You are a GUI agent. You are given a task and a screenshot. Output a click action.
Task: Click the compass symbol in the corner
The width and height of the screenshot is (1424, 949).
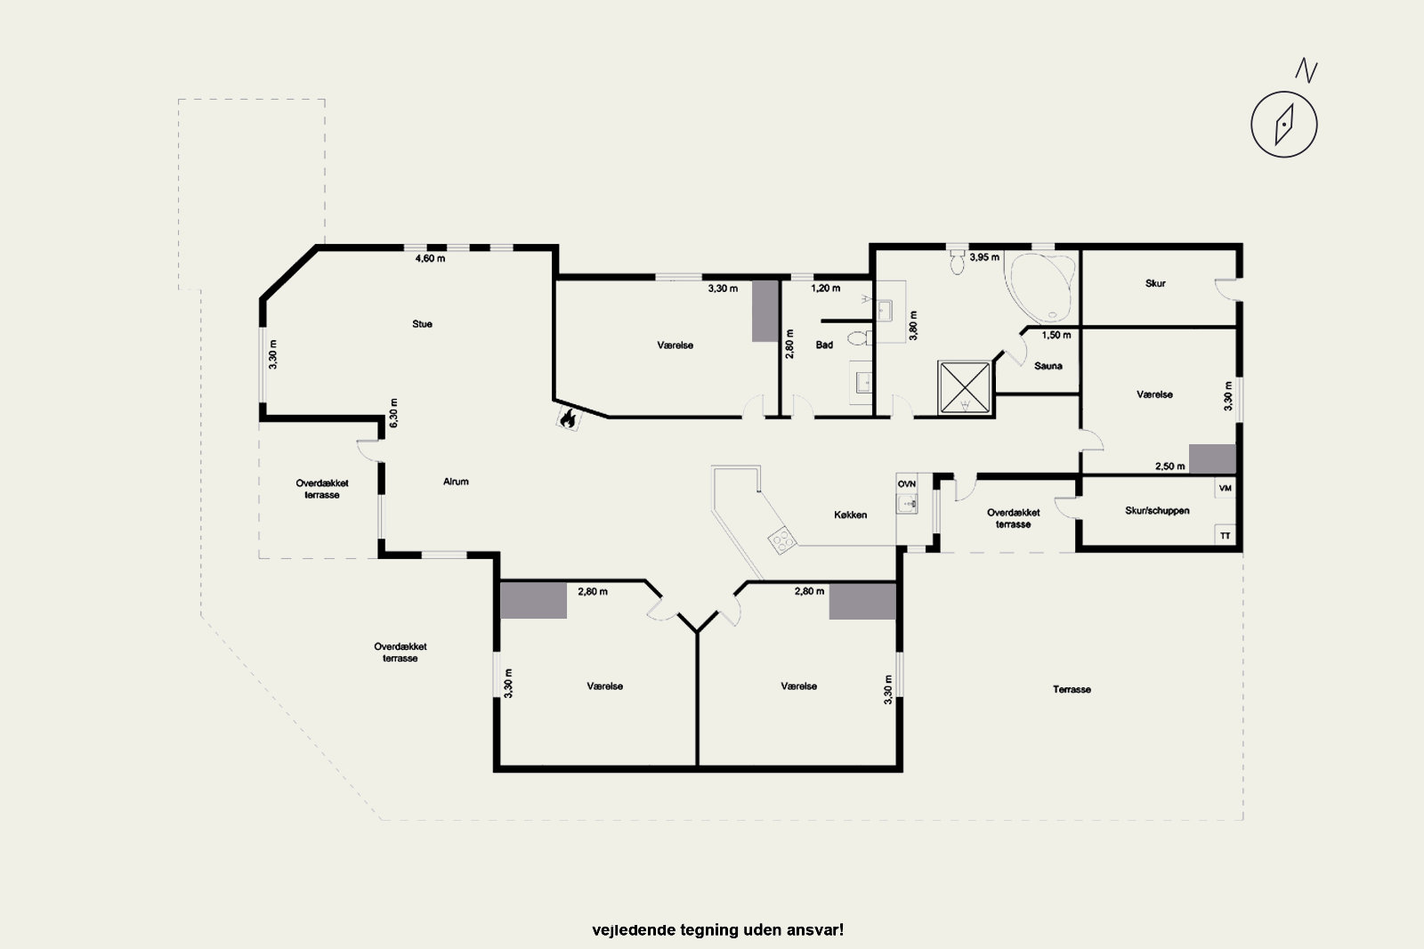coord(1283,124)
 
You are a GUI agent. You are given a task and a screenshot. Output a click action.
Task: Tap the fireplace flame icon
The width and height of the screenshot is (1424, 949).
coord(568,418)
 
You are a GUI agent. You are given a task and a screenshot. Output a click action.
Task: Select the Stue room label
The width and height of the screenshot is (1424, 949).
coord(422,324)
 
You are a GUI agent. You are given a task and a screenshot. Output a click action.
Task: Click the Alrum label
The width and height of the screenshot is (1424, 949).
coord(456,482)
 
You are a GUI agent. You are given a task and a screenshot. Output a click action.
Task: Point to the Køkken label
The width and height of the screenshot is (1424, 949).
coord(850,515)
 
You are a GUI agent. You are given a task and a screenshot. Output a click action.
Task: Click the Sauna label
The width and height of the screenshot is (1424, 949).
coord(1048,366)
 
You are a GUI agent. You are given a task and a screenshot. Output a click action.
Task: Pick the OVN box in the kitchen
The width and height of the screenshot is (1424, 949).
coord(907,483)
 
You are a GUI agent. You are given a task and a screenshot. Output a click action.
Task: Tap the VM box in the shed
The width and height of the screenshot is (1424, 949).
coord(1225,489)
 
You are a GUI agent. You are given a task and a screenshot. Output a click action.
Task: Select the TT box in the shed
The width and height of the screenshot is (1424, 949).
coord(1225,536)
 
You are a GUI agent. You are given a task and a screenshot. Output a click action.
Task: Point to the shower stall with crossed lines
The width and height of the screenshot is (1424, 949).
coord(965,387)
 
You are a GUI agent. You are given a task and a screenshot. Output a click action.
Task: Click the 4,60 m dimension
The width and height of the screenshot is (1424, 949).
coord(430,258)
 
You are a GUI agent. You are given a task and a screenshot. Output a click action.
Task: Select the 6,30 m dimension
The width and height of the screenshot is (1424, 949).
coord(393,413)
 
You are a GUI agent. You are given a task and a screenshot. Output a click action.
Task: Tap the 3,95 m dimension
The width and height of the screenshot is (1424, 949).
coord(984,257)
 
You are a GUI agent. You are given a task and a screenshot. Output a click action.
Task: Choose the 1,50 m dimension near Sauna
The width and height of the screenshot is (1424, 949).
coord(1056,335)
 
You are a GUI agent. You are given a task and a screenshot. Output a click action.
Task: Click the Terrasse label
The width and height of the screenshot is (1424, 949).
coord(1072,689)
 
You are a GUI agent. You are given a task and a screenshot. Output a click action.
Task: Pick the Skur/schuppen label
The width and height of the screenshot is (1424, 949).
coord(1157,510)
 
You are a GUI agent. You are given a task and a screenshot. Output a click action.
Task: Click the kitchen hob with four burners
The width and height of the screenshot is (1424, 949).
coord(782,540)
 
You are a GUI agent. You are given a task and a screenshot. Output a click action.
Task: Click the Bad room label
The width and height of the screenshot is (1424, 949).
coord(824,345)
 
